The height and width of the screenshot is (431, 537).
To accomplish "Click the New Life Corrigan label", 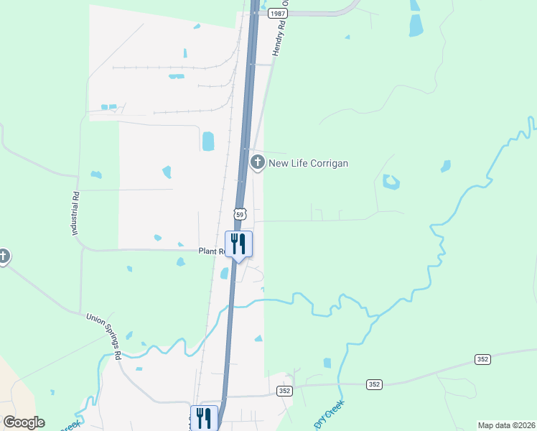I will point(308,163).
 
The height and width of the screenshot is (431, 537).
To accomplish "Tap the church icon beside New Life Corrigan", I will point(257,162).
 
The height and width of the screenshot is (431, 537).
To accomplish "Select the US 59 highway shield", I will point(240,214).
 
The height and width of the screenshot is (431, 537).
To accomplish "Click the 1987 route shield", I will point(278,14).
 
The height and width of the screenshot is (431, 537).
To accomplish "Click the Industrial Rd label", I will point(74,214).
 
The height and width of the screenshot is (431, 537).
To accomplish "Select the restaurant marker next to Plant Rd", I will point(239,244).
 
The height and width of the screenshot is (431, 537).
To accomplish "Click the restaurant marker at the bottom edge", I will point(204,417).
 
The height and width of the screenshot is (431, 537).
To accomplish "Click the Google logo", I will point(24,422).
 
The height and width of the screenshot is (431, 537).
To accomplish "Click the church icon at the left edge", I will point(3,256).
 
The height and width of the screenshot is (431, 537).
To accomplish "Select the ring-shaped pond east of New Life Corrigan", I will point(391,182).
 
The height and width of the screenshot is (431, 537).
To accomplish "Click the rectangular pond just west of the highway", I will point(208,141).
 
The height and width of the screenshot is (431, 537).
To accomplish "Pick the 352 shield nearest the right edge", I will point(482,358).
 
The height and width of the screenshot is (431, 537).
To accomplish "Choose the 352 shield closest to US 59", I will point(285,390).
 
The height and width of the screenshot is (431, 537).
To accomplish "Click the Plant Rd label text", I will point(213,251).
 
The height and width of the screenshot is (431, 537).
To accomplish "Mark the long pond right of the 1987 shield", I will point(416,25).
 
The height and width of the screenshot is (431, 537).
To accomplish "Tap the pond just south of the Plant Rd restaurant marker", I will point(225,273).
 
